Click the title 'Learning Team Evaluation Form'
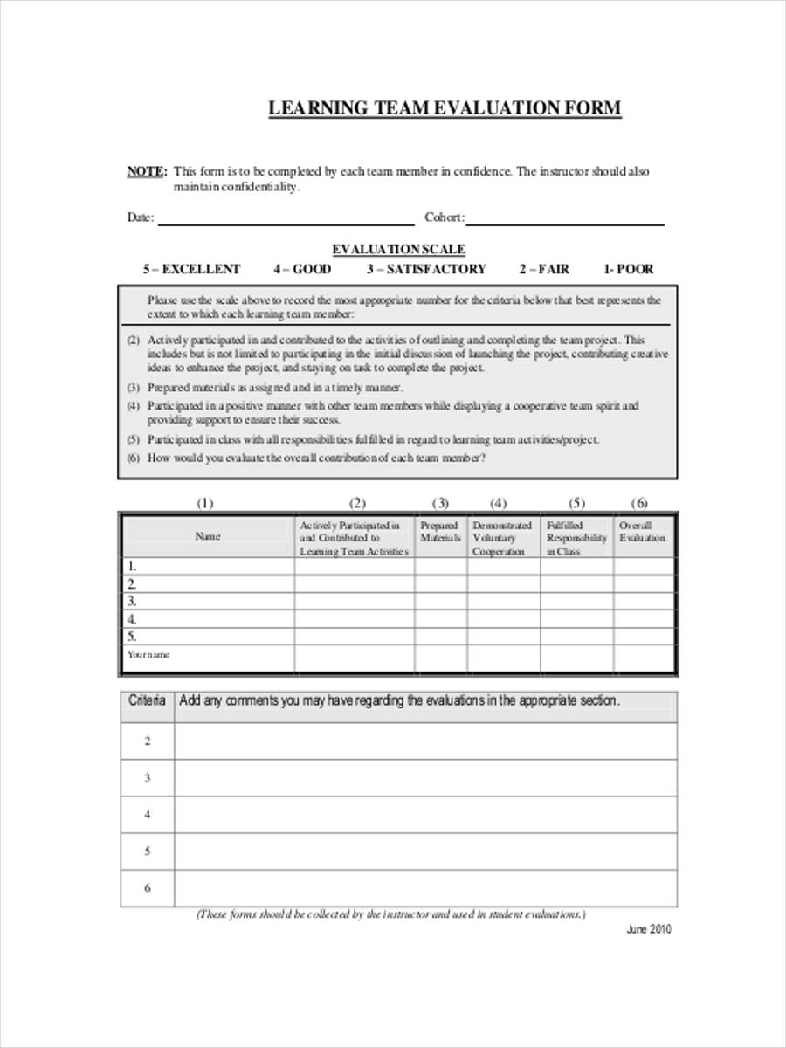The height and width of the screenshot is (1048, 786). pos(445,108)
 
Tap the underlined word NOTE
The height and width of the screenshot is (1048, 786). pos(146,172)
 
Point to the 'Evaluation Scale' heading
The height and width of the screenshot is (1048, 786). pos(397,250)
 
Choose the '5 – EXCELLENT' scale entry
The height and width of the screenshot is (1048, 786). pos(191,269)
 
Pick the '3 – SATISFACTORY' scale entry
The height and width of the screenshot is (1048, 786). pos(425,269)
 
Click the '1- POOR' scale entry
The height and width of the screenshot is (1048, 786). pos(628,269)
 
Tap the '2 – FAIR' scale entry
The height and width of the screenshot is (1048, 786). pos(543,269)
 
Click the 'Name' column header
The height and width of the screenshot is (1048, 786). pos(207,536)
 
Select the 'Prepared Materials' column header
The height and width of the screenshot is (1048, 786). pos(440,532)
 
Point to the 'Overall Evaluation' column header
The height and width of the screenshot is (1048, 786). pos(642,532)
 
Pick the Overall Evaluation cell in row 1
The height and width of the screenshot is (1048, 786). pos(643,566)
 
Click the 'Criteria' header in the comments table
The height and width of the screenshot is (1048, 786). pos(147,700)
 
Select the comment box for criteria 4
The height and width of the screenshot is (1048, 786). pos(424,815)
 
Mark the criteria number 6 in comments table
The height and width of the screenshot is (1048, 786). pos(147,888)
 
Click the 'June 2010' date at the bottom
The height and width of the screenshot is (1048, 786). pos(649,929)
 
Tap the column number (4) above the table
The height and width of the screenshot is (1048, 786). pos(498,503)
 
